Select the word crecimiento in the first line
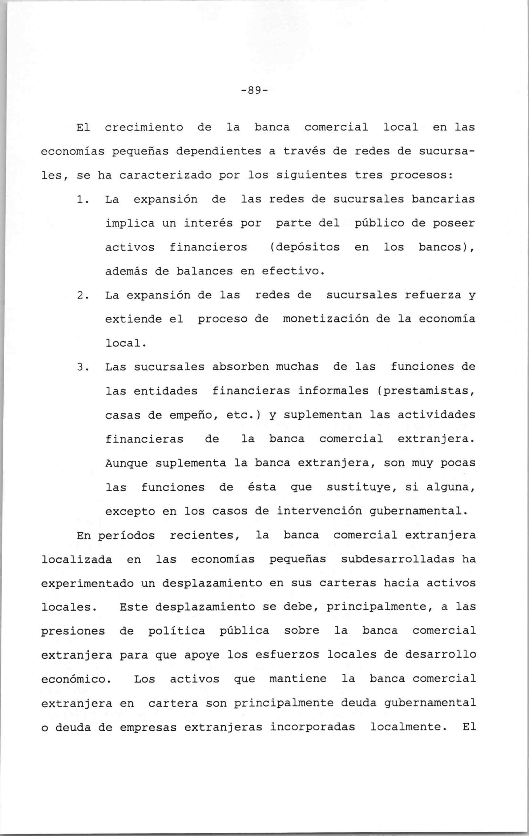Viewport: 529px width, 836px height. (x=144, y=127)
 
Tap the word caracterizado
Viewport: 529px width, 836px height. (x=165, y=175)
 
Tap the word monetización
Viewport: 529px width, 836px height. (x=325, y=319)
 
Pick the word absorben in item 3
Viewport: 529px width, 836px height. (x=240, y=367)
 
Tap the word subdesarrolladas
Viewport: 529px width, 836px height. (x=397, y=559)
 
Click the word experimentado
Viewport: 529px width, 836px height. (x=87, y=583)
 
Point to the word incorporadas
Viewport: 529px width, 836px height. (x=312, y=727)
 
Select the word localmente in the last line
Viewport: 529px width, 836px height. (x=408, y=727)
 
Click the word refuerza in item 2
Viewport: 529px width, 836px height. (x=433, y=295)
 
